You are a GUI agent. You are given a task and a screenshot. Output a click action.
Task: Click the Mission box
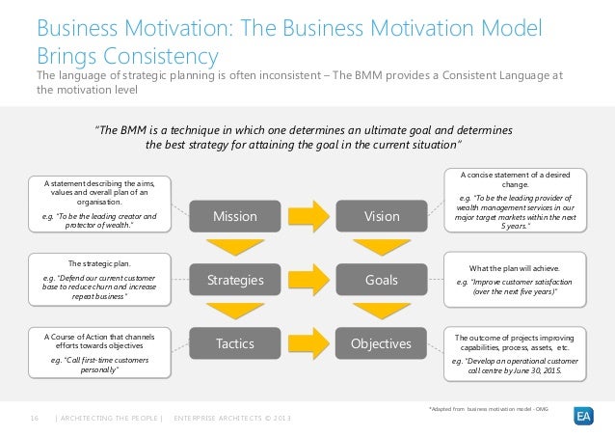click(235, 216)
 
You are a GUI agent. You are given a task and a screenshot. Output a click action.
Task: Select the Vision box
click(382, 216)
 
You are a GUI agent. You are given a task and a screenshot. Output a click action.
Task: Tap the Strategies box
click(235, 281)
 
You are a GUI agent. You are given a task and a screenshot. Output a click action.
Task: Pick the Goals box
click(382, 281)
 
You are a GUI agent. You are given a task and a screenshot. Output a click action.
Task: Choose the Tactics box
click(235, 343)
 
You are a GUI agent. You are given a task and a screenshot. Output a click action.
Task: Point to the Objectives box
click(382, 343)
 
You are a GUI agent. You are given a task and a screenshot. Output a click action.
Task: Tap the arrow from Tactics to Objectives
click(308, 343)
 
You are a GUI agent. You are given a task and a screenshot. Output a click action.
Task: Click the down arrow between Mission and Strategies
click(235, 248)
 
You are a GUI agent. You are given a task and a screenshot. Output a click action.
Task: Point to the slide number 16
click(35, 417)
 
